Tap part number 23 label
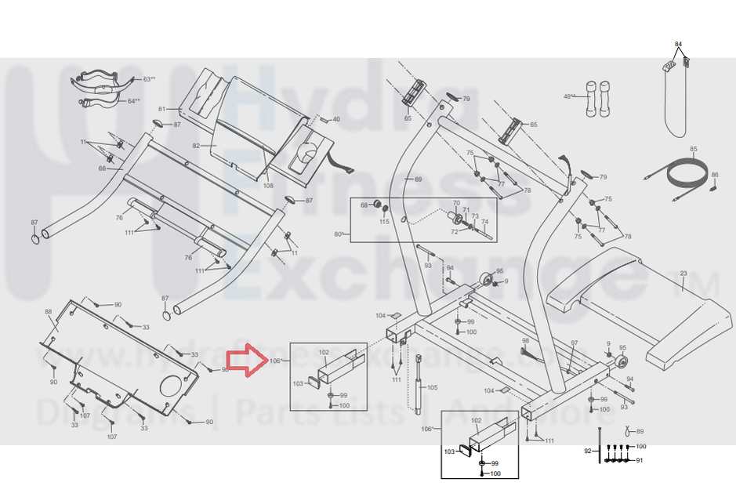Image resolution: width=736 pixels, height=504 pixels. coord(683,274)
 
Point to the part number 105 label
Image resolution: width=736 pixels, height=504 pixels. coord(432,388)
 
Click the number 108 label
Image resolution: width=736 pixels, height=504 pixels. coord(268,186)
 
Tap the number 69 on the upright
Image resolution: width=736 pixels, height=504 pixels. coord(418,179)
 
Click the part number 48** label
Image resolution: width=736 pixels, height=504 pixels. coord(569,96)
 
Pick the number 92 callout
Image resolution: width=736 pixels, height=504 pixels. coord(588,451)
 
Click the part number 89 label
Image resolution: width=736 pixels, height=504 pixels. coord(640,432)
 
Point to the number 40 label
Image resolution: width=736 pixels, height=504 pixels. coord(336,119)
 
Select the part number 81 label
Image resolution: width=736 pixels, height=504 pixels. coord(162,109)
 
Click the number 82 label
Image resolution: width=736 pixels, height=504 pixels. coord(197,146)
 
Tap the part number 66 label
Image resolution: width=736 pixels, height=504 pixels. coord(102,169)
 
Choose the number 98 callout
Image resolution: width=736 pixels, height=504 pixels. coord(526,340)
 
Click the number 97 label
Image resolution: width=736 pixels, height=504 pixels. coord(574,343)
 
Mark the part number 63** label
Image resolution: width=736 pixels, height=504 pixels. coord(149,79)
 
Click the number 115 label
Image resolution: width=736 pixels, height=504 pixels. coord(384,222)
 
